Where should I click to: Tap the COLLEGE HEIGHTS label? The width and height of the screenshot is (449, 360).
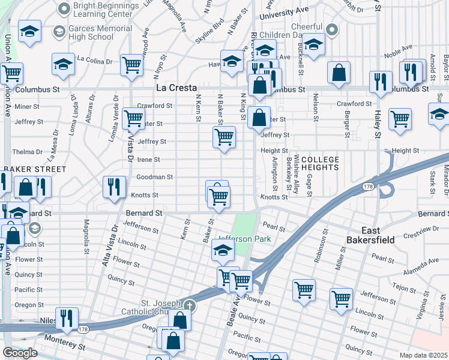point(320,163)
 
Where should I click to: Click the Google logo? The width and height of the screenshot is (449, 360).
point(20,353)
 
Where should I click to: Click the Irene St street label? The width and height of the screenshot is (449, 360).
point(149,160)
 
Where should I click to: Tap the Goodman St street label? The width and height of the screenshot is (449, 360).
point(154,178)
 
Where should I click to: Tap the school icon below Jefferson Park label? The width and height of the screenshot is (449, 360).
point(223,254)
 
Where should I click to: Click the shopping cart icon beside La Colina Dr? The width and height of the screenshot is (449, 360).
point(131,64)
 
